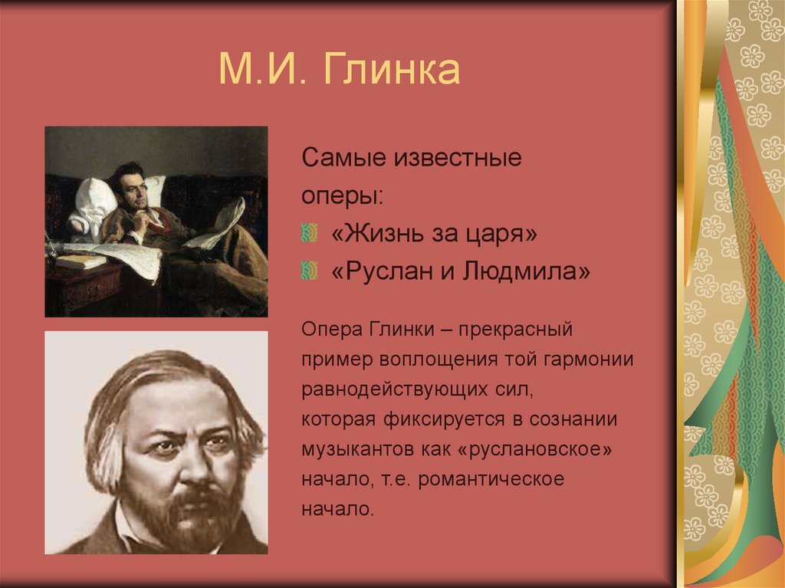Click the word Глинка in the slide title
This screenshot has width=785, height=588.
(x=392, y=70)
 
